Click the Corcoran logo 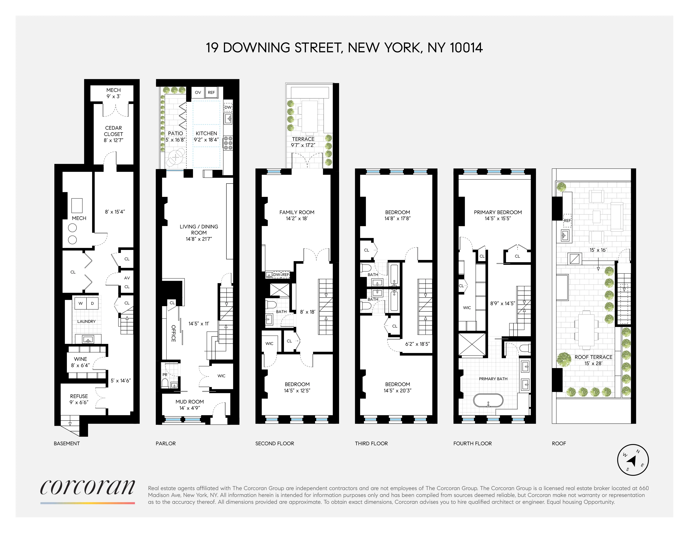point(87,488)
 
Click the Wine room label point(80,359)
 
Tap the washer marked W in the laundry point(80,303)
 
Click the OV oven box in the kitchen point(198,92)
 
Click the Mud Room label point(190,402)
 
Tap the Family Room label point(297,212)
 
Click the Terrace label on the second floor point(303,139)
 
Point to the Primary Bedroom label point(498,212)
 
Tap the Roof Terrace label point(594,357)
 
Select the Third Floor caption point(371,443)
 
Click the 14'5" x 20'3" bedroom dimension point(397,391)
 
